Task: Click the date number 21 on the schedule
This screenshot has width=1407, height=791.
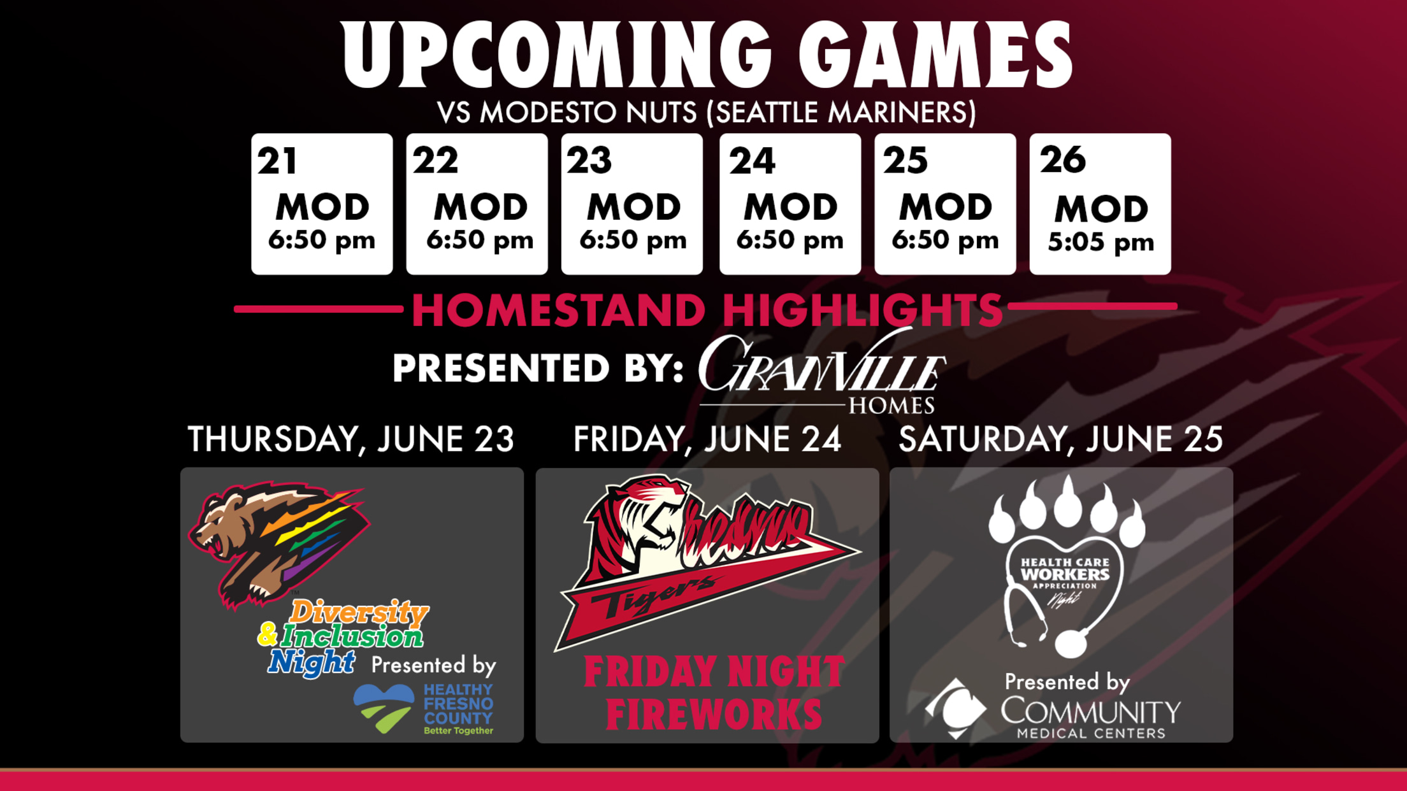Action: tap(277, 160)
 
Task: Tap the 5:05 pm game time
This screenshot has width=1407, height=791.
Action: tap(1100, 242)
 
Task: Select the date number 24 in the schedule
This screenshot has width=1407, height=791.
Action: tap(752, 160)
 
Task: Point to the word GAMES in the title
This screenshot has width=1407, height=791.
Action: tap(935, 55)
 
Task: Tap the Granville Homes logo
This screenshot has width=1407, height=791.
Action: tap(821, 373)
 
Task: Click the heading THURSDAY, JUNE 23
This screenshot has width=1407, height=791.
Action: tap(351, 439)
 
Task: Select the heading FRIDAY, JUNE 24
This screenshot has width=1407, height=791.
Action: tap(707, 439)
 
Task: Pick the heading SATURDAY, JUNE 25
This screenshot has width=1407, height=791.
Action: tap(1060, 439)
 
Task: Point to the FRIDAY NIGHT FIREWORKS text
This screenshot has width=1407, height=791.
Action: tap(714, 693)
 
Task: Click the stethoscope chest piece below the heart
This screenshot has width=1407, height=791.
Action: tap(1071, 643)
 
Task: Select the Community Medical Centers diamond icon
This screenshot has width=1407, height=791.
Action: tap(956, 708)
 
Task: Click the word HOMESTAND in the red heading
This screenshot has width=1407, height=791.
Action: tap(558, 310)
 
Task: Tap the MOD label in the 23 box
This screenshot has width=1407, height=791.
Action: tap(633, 207)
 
